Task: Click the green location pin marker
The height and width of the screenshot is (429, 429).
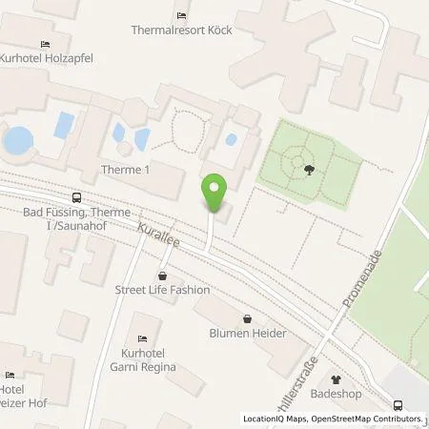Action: coord(215,192)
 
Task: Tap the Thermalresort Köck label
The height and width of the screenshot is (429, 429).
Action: coord(181,31)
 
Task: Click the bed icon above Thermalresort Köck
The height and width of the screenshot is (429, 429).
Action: coord(181,15)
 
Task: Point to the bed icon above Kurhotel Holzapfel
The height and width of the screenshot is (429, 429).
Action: coord(45,45)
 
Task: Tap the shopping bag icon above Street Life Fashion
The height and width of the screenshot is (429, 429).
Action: coord(149,276)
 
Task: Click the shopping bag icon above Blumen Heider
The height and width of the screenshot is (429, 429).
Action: coord(248,319)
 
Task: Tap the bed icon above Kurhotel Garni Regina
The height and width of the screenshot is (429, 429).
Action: coord(142,338)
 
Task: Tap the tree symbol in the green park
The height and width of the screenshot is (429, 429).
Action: coord(310,171)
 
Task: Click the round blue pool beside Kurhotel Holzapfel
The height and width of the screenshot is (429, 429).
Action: coord(17,141)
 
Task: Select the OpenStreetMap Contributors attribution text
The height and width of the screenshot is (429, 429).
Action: coord(362,419)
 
